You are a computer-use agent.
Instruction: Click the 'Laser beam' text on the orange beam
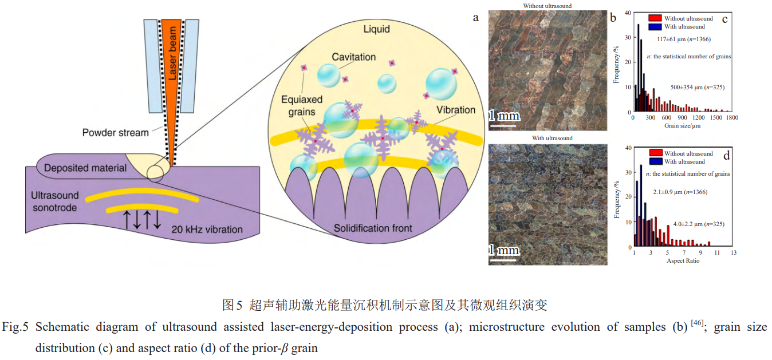coord(172,53)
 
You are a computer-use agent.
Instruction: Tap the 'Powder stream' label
coord(116,133)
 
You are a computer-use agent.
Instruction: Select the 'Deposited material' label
coord(85,168)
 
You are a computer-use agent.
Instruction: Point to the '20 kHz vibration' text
coord(207,230)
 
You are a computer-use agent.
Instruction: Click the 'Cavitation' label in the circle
coord(353,57)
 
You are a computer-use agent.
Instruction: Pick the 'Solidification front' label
coord(373,228)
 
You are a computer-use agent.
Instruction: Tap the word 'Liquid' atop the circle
coord(377,29)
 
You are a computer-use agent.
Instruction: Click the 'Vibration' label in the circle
coord(456,110)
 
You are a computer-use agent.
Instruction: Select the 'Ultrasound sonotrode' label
coord(54,201)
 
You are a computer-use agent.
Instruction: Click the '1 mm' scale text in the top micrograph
coord(505,116)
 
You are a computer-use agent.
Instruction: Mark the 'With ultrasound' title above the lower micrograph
coord(552,138)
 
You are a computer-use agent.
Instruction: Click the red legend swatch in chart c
coord(655,18)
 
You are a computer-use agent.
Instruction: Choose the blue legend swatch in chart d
coord(656,161)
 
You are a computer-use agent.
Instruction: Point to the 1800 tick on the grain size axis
coord(732,117)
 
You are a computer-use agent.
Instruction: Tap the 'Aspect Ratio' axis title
coord(683,261)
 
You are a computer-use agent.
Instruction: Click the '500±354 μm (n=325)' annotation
coord(697,88)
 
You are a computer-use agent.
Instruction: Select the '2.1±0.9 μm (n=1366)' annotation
coord(680,192)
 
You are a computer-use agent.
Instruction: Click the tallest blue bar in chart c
coord(639,68)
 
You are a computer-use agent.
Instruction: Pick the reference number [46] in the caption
coord(697,323)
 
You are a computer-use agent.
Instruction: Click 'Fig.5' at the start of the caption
coord(15,327)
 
